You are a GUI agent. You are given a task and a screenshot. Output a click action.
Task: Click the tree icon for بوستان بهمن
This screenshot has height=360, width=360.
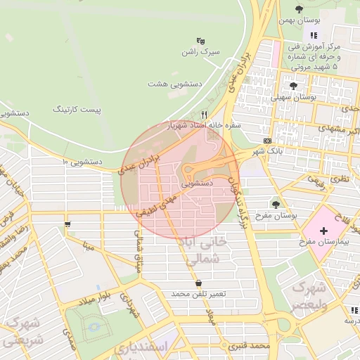[300, 9]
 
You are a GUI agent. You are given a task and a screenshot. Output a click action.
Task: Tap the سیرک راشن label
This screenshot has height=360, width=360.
[201, 52]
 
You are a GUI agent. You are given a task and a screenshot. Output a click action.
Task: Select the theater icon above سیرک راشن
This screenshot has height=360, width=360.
[201, 40]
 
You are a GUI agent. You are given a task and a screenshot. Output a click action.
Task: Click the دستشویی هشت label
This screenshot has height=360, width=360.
[175, 84]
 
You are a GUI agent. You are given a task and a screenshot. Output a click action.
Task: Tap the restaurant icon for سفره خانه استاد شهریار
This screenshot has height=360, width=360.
[205, 114]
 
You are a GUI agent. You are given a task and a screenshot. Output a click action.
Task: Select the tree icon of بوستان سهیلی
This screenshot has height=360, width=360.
[292, 86]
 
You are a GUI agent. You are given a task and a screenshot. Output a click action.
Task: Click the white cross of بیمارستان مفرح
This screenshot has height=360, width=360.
[323, 231]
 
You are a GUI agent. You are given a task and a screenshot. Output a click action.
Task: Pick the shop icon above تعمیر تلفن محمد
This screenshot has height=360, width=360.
[200, 283]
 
